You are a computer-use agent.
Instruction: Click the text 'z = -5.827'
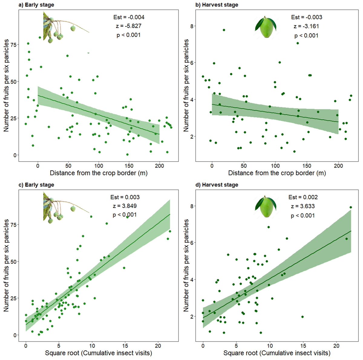pos(129,26)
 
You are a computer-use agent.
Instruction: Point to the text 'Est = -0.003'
pos(306,17)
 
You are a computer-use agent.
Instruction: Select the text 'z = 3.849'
pos(125,206)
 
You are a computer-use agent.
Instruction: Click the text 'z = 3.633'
pos(303,206)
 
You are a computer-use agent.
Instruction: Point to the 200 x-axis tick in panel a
pos(159,166)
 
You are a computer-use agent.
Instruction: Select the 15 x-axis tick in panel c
pos(125,346)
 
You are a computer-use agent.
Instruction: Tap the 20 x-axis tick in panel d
pos(336,346)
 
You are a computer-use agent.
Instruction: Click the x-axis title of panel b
pos(277,173)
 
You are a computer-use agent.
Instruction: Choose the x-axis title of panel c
pos(98,353)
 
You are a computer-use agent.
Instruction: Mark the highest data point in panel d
pos(351,207)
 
